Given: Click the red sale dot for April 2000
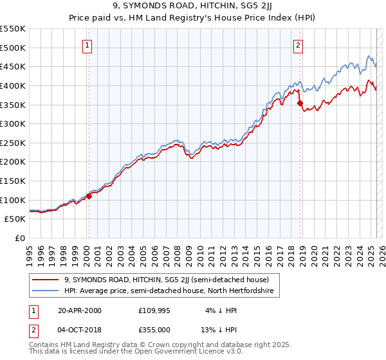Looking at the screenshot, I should [x=89, y=197].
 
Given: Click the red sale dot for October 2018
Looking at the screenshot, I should [x=300, y=103].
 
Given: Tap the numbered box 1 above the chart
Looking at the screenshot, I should [x=87, y=45].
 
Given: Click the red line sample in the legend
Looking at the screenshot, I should [x=46, y=280].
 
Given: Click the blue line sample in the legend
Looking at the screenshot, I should [x=46, y=291].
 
